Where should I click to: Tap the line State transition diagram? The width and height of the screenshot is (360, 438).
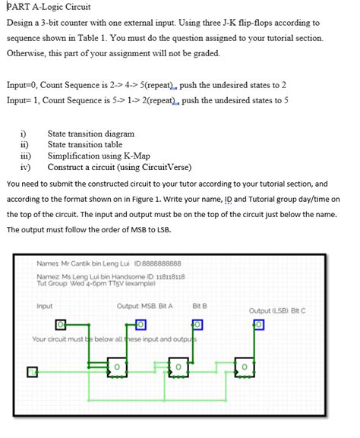point(90,134)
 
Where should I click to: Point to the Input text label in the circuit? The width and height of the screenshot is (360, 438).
point(45,307)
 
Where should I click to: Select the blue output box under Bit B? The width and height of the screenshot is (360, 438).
point(198,325)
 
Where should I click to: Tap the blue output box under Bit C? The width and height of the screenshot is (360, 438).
point(258,325)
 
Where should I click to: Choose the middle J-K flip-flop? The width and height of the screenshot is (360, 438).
point(178,367)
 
